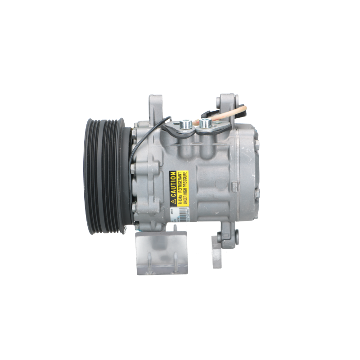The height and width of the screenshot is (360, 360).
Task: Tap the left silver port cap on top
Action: (184, 123)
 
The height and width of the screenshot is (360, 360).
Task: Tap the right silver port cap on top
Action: (205, 123)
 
